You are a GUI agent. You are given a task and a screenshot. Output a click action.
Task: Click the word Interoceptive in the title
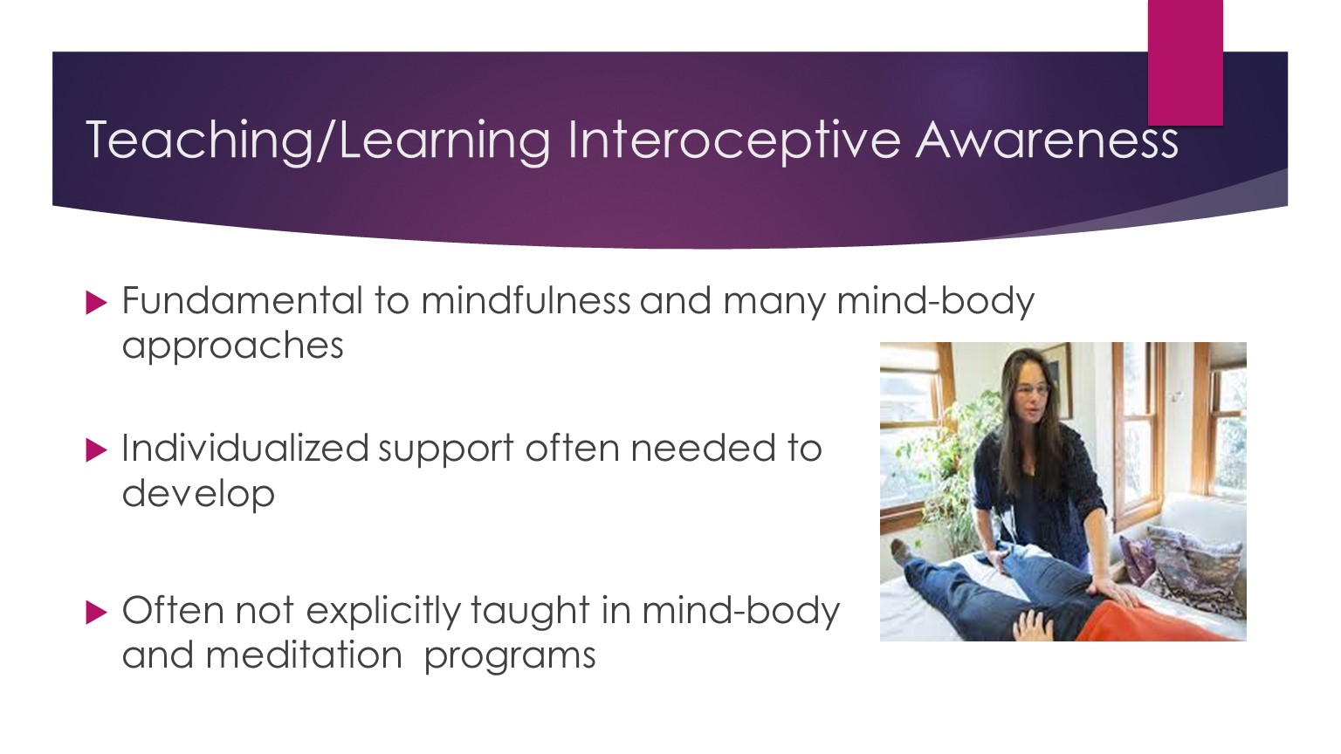(x=734, y=142)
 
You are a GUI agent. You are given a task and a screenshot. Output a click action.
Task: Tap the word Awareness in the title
(x=1047, y=141)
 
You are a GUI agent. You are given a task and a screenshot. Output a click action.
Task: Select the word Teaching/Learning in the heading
(x=318, y=141)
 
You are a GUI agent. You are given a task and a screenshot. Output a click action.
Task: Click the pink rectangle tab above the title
(x=1186, y=62)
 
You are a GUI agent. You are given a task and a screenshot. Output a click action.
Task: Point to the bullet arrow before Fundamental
(x=96, y=303)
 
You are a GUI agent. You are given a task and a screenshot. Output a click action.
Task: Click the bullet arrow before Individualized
(x=96, y=450)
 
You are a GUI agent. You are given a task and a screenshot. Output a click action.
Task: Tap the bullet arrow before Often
(x=96, y=613)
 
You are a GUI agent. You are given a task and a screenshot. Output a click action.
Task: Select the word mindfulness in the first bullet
(x=526, y=300)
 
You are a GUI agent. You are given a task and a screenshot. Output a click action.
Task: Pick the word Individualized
(x=245, y=448)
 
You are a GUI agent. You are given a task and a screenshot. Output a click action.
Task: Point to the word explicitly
(x=383, y=612)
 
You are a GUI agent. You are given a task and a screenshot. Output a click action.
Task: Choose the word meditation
(x=304, y=655)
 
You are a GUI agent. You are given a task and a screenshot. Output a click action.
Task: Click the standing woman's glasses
(x=1034, y=389)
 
